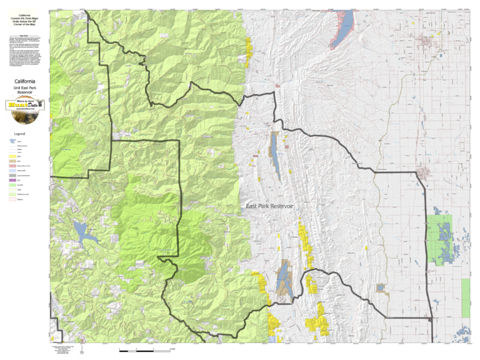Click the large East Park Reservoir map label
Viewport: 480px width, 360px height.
pos(269,206)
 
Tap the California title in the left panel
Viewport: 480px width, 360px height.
pos(24,81)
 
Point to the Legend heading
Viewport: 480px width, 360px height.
pos(19,133)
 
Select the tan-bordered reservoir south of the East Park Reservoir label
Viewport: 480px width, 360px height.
pos(283,276)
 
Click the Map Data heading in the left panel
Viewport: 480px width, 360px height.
pos(24,36)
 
